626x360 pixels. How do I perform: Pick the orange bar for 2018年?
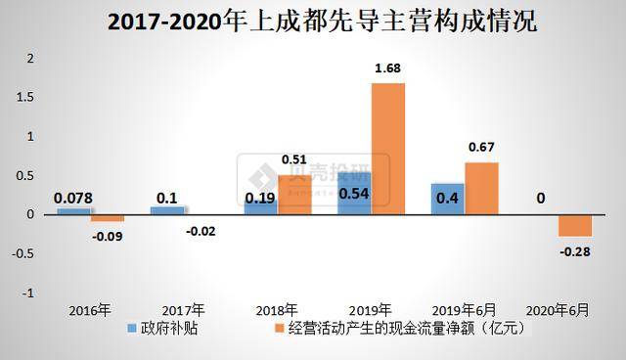tap(294, 195)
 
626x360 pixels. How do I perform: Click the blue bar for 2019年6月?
tap(447, 199)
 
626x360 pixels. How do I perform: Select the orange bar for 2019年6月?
tap(481, 188)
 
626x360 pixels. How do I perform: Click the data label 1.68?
tap(387, 69)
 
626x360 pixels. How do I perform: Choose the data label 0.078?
tap(72, 199)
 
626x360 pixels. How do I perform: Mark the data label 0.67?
tap(481, 149)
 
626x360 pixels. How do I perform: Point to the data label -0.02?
tap(202, 231)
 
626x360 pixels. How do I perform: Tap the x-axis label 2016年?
tap(89, 310)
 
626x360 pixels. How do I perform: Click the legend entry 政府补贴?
tap(168, 329)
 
